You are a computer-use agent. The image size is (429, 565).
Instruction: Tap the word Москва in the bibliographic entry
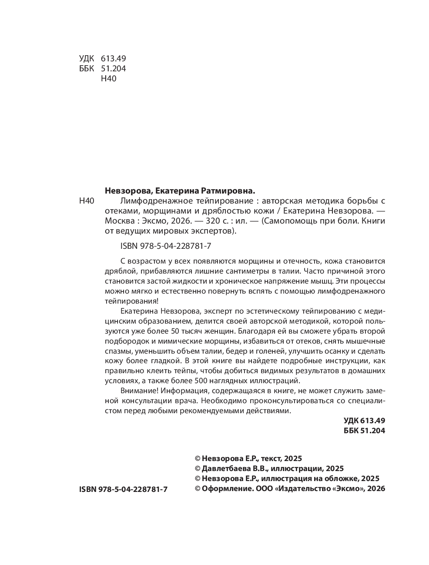click(118, 221)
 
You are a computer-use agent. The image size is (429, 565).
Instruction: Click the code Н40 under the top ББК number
click(108, 79)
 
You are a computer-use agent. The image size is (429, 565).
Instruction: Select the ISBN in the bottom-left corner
click(123, 489)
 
